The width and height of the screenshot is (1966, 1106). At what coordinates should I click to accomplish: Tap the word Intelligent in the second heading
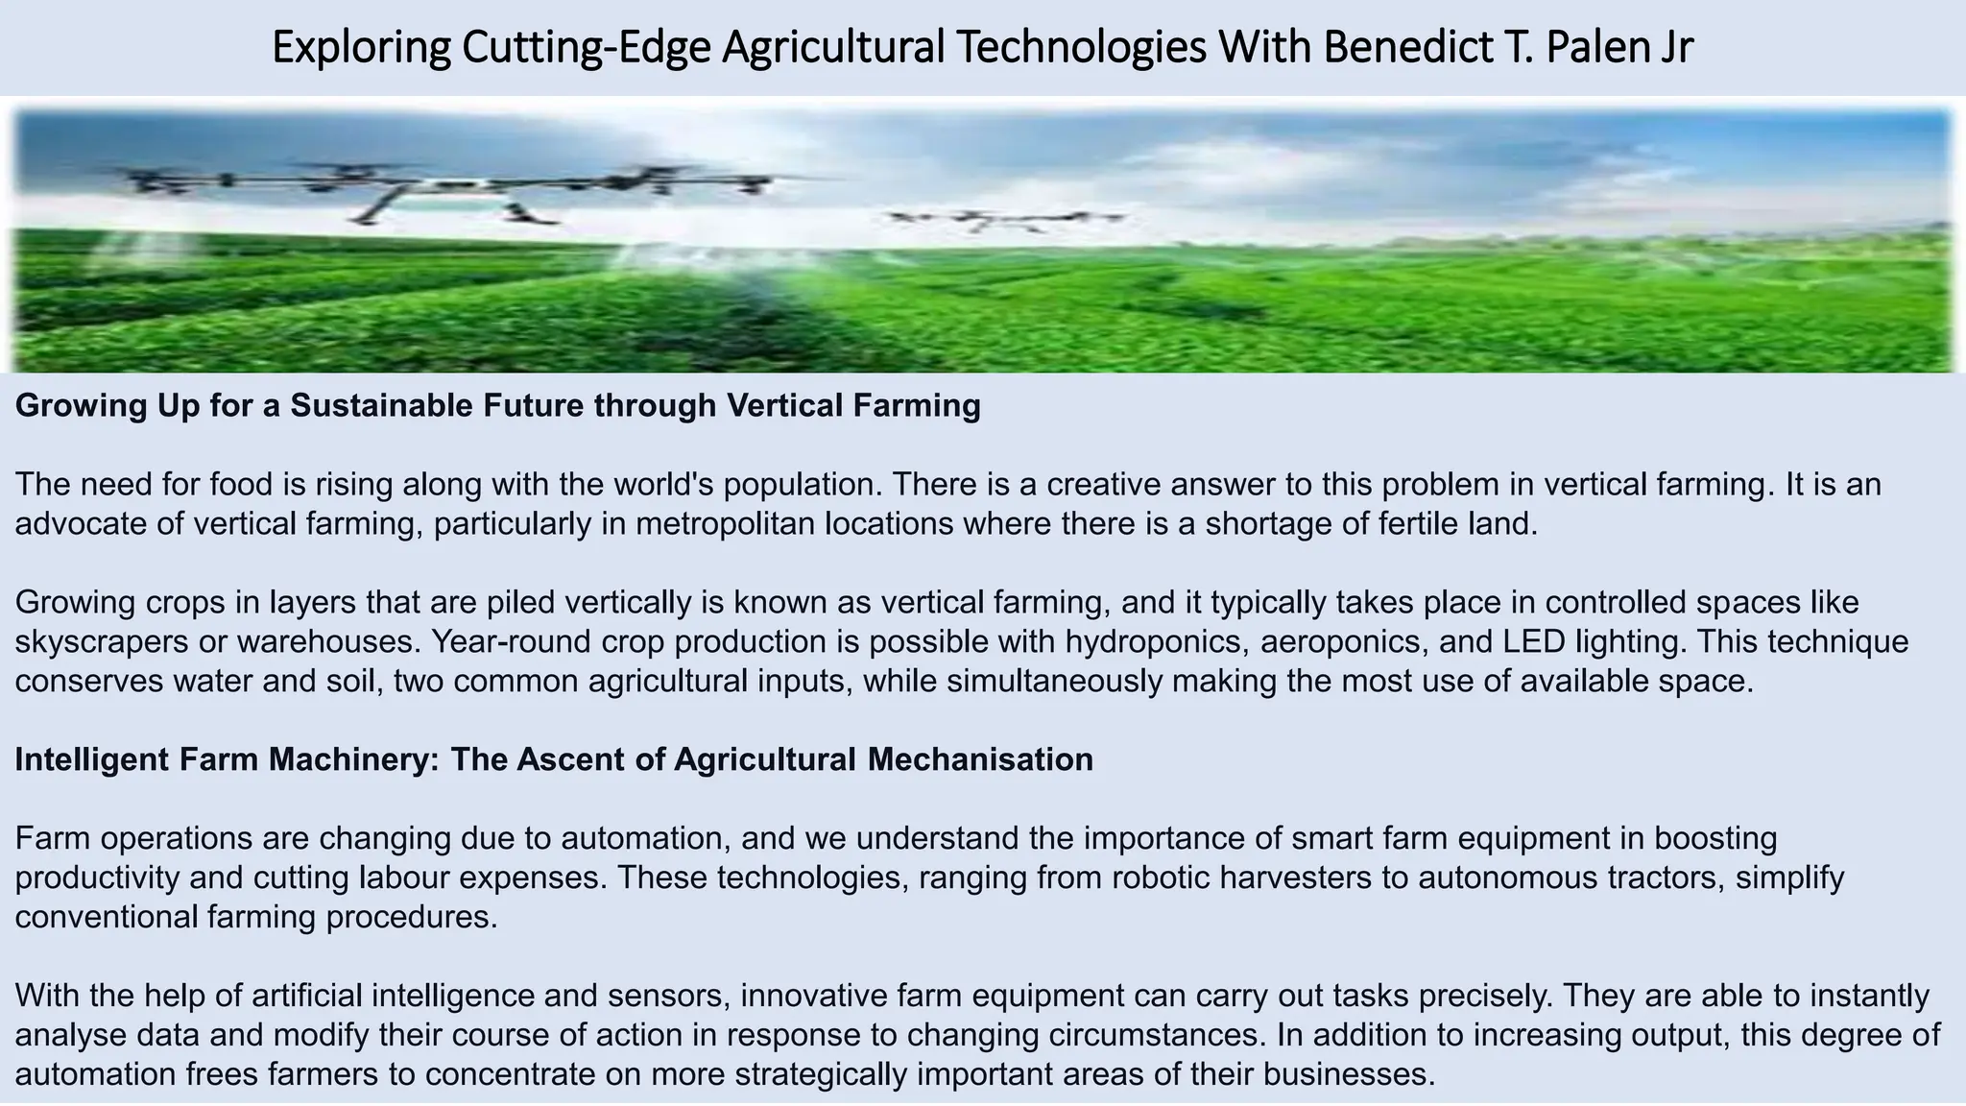[91, 759]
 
